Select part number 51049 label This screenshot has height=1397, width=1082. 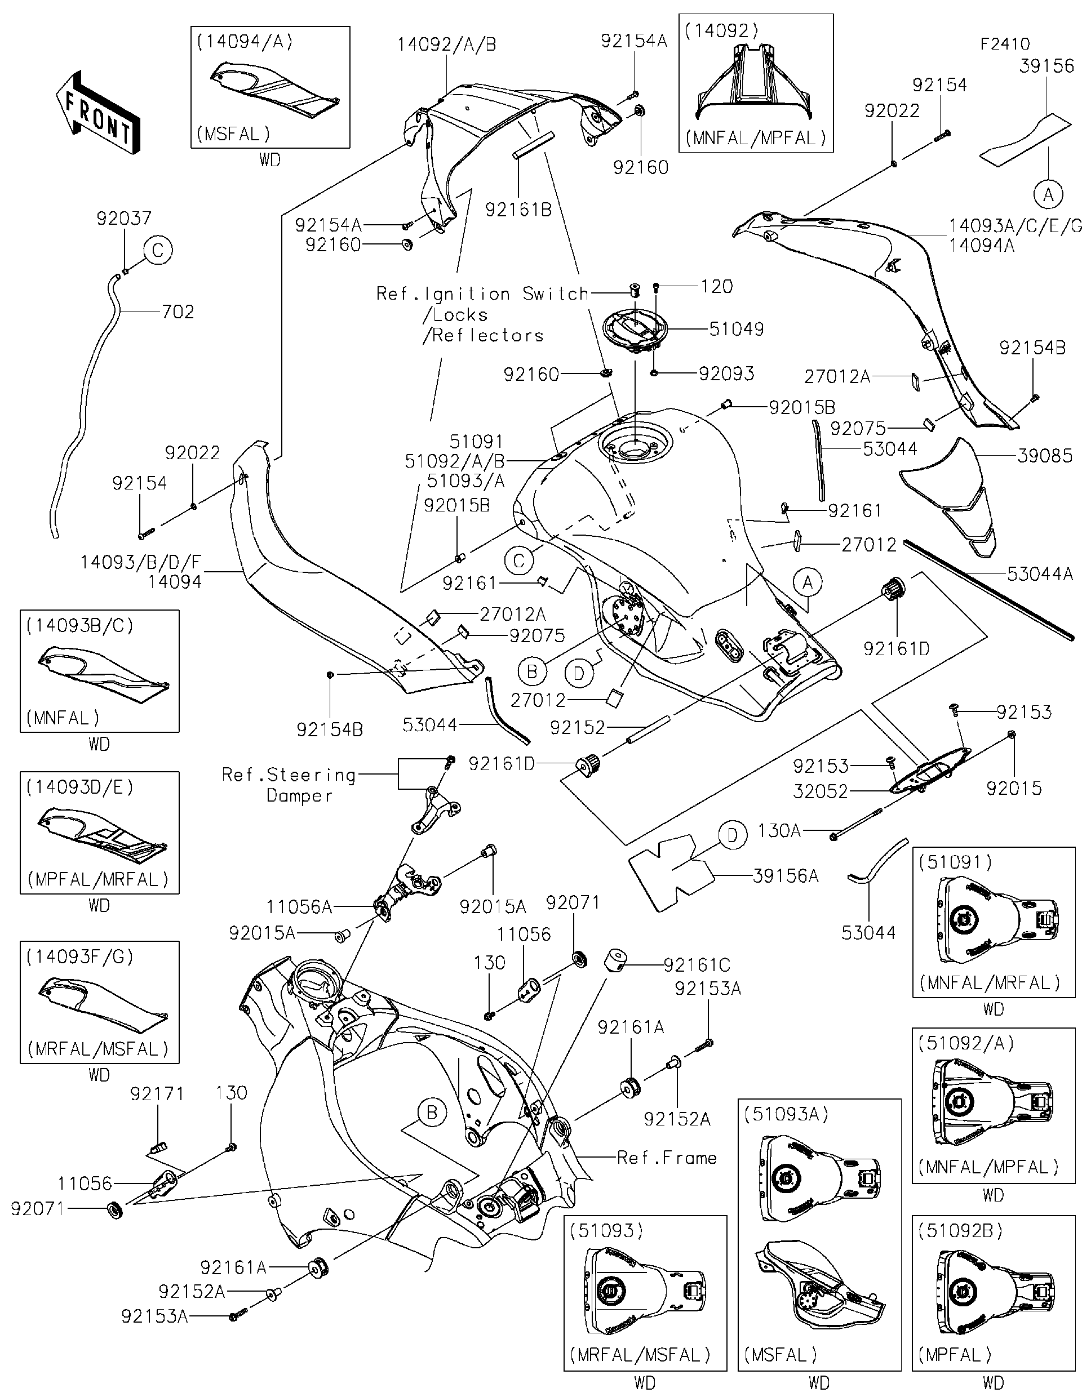pyautogui.click(x=736, y=329)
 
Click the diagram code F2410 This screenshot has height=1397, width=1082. pyautogui.click(x=1005, y=44)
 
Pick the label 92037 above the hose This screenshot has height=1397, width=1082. pyautogui.click(x=123, y=219)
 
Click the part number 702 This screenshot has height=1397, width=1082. pyautogui.click(x=178, y=312)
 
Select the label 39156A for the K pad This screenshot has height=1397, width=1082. pyautogui.click(x=786, y=876)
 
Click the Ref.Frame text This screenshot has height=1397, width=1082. pyautogui.click(x=666, y=1158)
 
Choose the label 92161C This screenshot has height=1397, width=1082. pyautogui.click(x=696, y=964)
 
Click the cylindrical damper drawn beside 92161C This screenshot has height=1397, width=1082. pyautogui.click(x=617, y=962)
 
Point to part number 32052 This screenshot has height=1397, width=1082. pyautogui.click(x=821, y=791)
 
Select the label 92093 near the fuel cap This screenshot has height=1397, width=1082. pyautogui.click(x=726, y=373)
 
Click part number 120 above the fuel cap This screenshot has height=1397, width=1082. pyautogui.click(x=717, y=287)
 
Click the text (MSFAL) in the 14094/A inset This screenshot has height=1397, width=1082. pyautogui.click(x=233, y=134)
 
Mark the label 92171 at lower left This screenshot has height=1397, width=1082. pyautogui.click(x=157, y=1095)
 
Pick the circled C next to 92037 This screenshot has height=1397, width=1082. pyautogui.click(x=157, y=250)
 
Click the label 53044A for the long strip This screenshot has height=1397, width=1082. pyautogui.click(x=1039, y=574)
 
